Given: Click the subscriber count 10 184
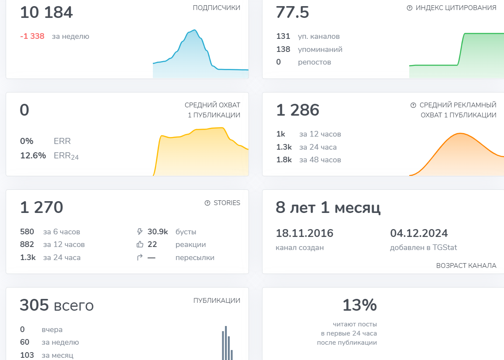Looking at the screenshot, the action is coord(47,12).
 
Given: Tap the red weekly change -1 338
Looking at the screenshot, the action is coord(32,36).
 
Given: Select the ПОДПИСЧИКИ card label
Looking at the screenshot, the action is coord(216,8).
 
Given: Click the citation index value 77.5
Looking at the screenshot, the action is coord(292,12).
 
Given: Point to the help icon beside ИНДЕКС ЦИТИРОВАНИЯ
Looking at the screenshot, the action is coord(410,8).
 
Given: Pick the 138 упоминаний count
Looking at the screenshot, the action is coord(283,49).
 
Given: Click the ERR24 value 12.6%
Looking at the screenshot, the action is coord(33,155).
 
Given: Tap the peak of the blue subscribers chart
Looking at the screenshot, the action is coord(194,30).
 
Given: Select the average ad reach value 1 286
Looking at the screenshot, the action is coord(298,110).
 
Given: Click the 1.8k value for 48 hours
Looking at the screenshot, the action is coord(284,160).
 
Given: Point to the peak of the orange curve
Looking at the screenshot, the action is coord(460,133).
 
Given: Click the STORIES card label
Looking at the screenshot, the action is coord(227,202).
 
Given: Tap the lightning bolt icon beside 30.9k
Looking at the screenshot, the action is coord(139,232).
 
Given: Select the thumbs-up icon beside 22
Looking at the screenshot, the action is coord(140,244).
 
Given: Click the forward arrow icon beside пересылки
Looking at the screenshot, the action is coord(140,257).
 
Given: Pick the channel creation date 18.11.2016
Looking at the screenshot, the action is coord(305,233).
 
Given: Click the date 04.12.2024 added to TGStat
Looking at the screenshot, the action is coord(419,233).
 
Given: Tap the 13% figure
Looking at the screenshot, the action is coord(360,305).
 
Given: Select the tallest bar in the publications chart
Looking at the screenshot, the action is coord(226,343).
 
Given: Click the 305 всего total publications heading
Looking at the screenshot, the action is coord(57,305).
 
